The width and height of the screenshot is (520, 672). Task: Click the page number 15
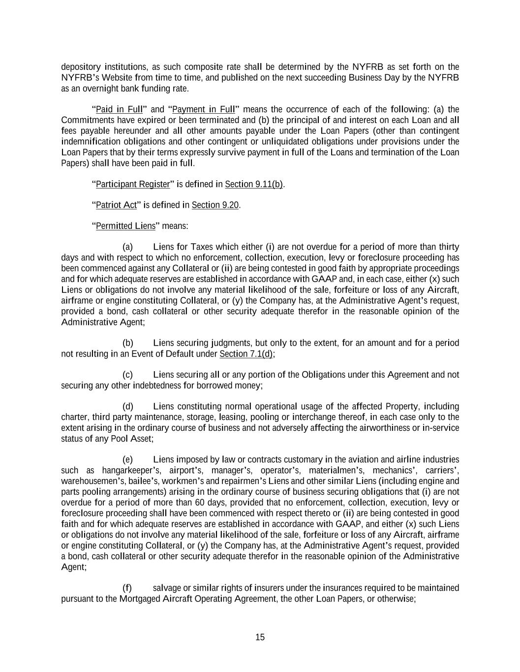tap(260, 637)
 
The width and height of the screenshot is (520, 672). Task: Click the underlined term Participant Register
tap(132, 184)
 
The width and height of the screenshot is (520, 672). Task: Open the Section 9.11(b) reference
tap(254, 184)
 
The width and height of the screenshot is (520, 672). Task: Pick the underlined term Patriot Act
tap(116, 205)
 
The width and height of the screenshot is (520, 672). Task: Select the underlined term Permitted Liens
tap(125, 226)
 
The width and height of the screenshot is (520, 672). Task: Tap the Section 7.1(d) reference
tap(246, 354)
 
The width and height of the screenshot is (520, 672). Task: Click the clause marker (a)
tap(127, 247)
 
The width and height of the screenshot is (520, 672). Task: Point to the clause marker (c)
tap(127, 375)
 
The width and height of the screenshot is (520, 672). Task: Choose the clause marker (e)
tap(127, 459)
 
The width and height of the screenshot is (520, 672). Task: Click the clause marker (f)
tap(127, 588)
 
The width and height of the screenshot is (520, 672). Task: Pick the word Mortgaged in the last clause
tap(140, 599)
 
